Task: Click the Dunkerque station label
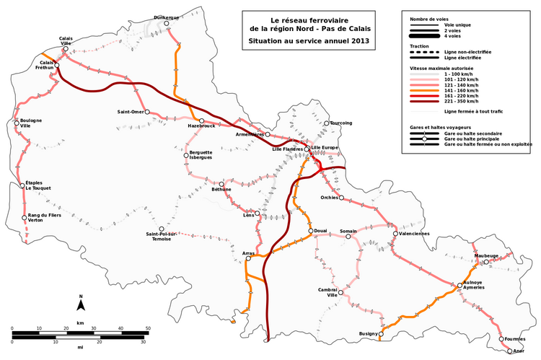tap(167, 16)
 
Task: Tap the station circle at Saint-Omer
tap(146, 112)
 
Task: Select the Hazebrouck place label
tap(201, 126)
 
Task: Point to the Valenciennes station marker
tap(395, 234)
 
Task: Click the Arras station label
tap(248, 253)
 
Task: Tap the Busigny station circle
tap(380, 334)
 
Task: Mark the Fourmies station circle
tap(501, 338)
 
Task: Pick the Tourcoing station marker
tap(326, 123)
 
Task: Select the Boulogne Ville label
tap(30, 123)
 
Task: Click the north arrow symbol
tap(81, 304)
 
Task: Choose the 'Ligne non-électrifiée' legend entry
tap(470, 52)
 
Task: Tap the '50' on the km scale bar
tap(149, 328)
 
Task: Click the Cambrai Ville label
tap(328, 292)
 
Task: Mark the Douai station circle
tap(310, 232)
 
